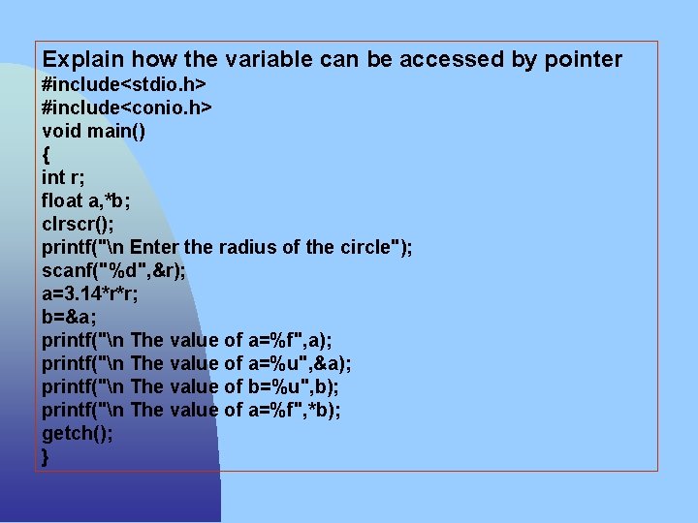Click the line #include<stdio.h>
[124, 84]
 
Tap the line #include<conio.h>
[127, 108]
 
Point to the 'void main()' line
[94, 131]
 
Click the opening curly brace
[46, 154]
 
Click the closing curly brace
[46, 457]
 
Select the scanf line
[113, 270]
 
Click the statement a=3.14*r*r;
[90, 293]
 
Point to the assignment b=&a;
[68, 317]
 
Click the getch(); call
[77, 433]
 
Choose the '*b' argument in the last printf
[323, 410]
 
